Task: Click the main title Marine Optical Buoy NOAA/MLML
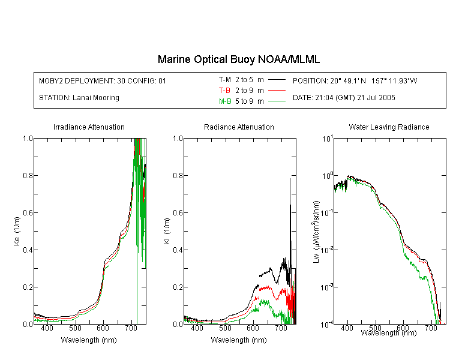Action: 238,59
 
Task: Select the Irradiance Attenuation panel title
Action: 89,127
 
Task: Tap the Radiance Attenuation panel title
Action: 239,127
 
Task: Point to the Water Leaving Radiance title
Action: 389,127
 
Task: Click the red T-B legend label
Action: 224,91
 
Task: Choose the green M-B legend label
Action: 225,101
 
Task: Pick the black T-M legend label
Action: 225,80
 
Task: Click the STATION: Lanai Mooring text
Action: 79,98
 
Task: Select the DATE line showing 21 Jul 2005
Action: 344,98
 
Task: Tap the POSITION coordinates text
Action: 355,80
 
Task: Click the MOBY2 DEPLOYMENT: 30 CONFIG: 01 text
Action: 103,80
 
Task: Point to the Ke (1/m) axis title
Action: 17,231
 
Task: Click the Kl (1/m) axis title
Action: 167,231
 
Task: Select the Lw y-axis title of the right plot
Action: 316,232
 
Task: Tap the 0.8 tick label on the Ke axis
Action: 28,175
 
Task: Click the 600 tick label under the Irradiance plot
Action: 103,328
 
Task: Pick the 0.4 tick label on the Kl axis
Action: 178,250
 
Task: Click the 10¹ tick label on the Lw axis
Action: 327,139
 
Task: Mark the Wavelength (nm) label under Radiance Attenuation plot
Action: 239,340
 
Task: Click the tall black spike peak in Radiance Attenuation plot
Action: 290,179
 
